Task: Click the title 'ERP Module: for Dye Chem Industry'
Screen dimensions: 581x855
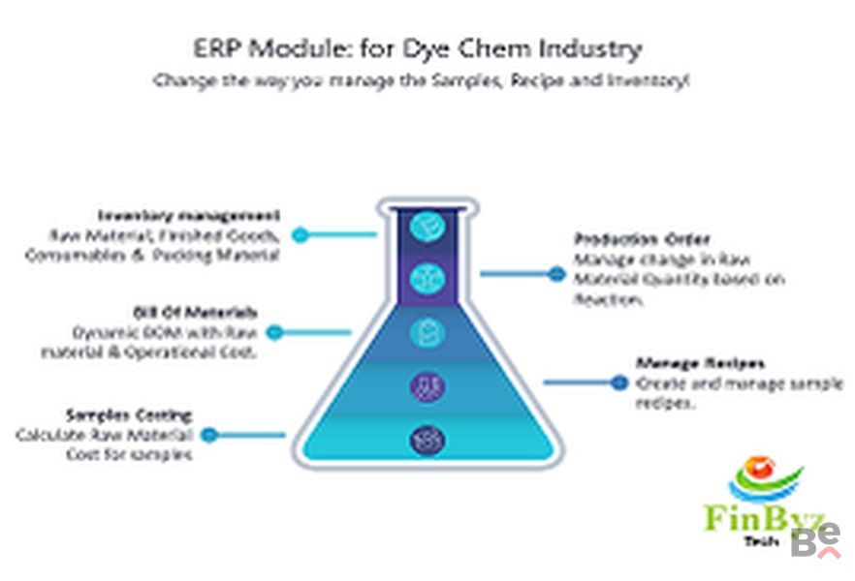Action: click(x=417, y=47)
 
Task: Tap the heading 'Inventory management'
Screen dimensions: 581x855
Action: click(x=190, y=215)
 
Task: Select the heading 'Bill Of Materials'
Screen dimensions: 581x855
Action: click(x=195, y=312)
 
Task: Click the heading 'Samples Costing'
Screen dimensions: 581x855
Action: click(x=129, y=415)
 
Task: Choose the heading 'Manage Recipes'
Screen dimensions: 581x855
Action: click(x=700, y=363)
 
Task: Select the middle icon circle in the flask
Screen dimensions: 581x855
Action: click(x=427, y=333)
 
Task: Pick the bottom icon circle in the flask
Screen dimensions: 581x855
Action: click(x=427, y=440)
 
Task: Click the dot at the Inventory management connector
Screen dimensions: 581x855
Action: click(x=301, y=234)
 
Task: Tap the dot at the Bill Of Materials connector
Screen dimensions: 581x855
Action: click(x=274, y=332)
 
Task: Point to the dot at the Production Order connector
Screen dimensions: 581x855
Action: click(x=555, y=274)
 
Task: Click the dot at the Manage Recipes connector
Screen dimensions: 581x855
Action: click(x=619, y=382)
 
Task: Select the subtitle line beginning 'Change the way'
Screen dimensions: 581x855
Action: click(x=421, y=82)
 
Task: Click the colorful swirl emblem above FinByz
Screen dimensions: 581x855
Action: click(x=765, y=477)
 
